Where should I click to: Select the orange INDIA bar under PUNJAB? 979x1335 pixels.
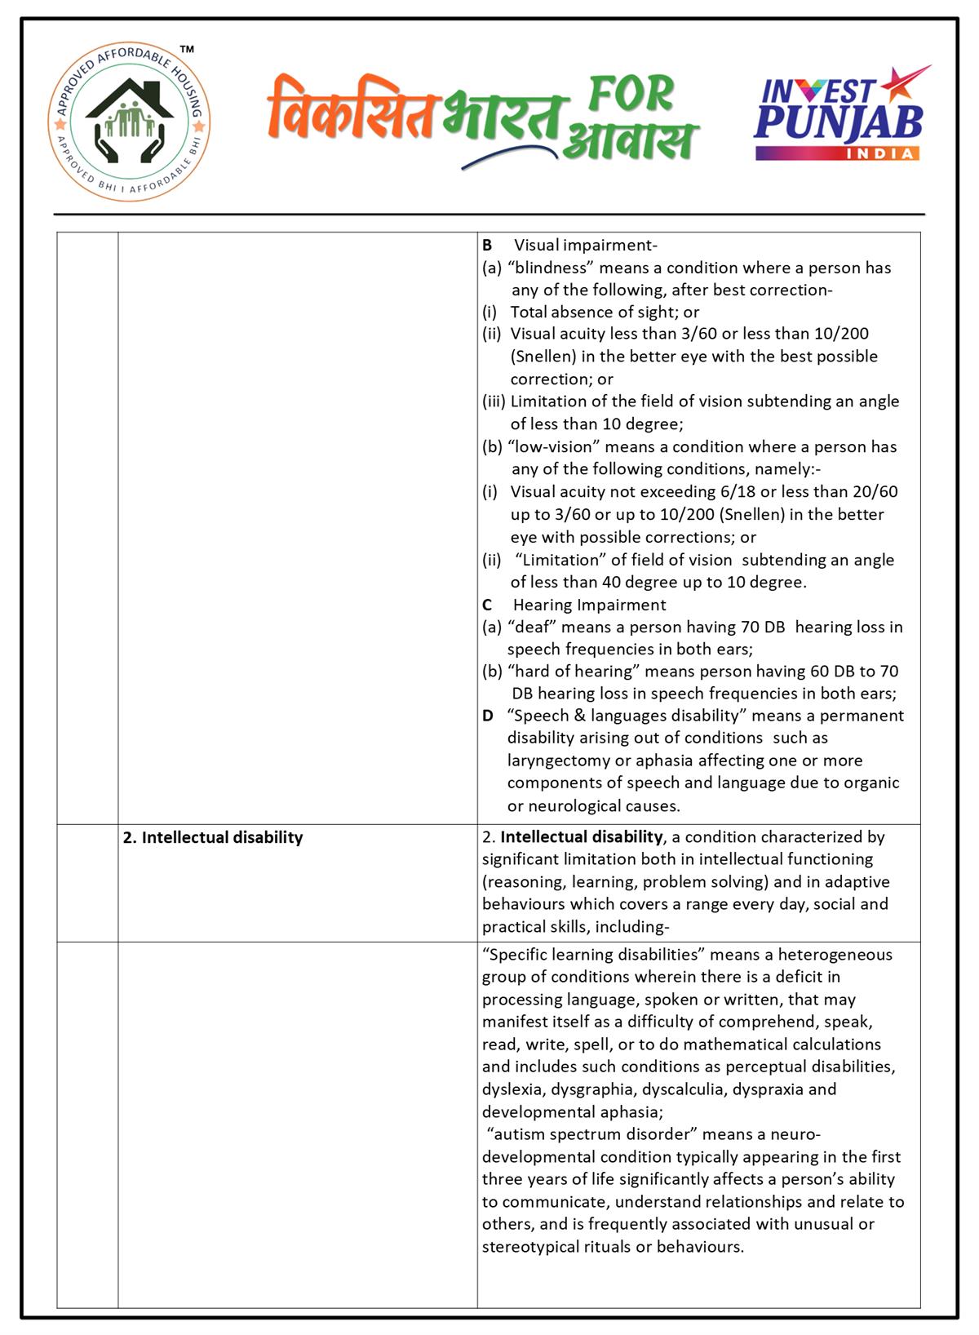pyautogui.click(x=838, y=153)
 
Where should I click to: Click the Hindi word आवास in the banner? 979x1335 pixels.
pyautogui.click(x=630, y=140)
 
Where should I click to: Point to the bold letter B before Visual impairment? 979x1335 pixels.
pyautogui.click(x=487, y=246)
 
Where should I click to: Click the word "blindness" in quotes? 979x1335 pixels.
pyautogui.click(x=552, y=268)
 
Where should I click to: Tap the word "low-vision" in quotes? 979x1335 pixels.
pyautogui.click(x=553, y=447)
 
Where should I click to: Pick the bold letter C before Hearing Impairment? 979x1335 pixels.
pyautogui.click(x=487, y=605)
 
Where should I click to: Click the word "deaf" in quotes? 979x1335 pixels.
pyautogui.click(x=531, y=628)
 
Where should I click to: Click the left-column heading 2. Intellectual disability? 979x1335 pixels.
pyautogui.click(x=214, y=838)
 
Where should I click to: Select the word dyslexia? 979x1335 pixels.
pyautogui.click(x=513, y=1089)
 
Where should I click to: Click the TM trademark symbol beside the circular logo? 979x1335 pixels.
pyautogui.click(x=187, y=51)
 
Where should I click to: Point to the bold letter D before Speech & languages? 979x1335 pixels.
pyautogui.click(x=488, y=716)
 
